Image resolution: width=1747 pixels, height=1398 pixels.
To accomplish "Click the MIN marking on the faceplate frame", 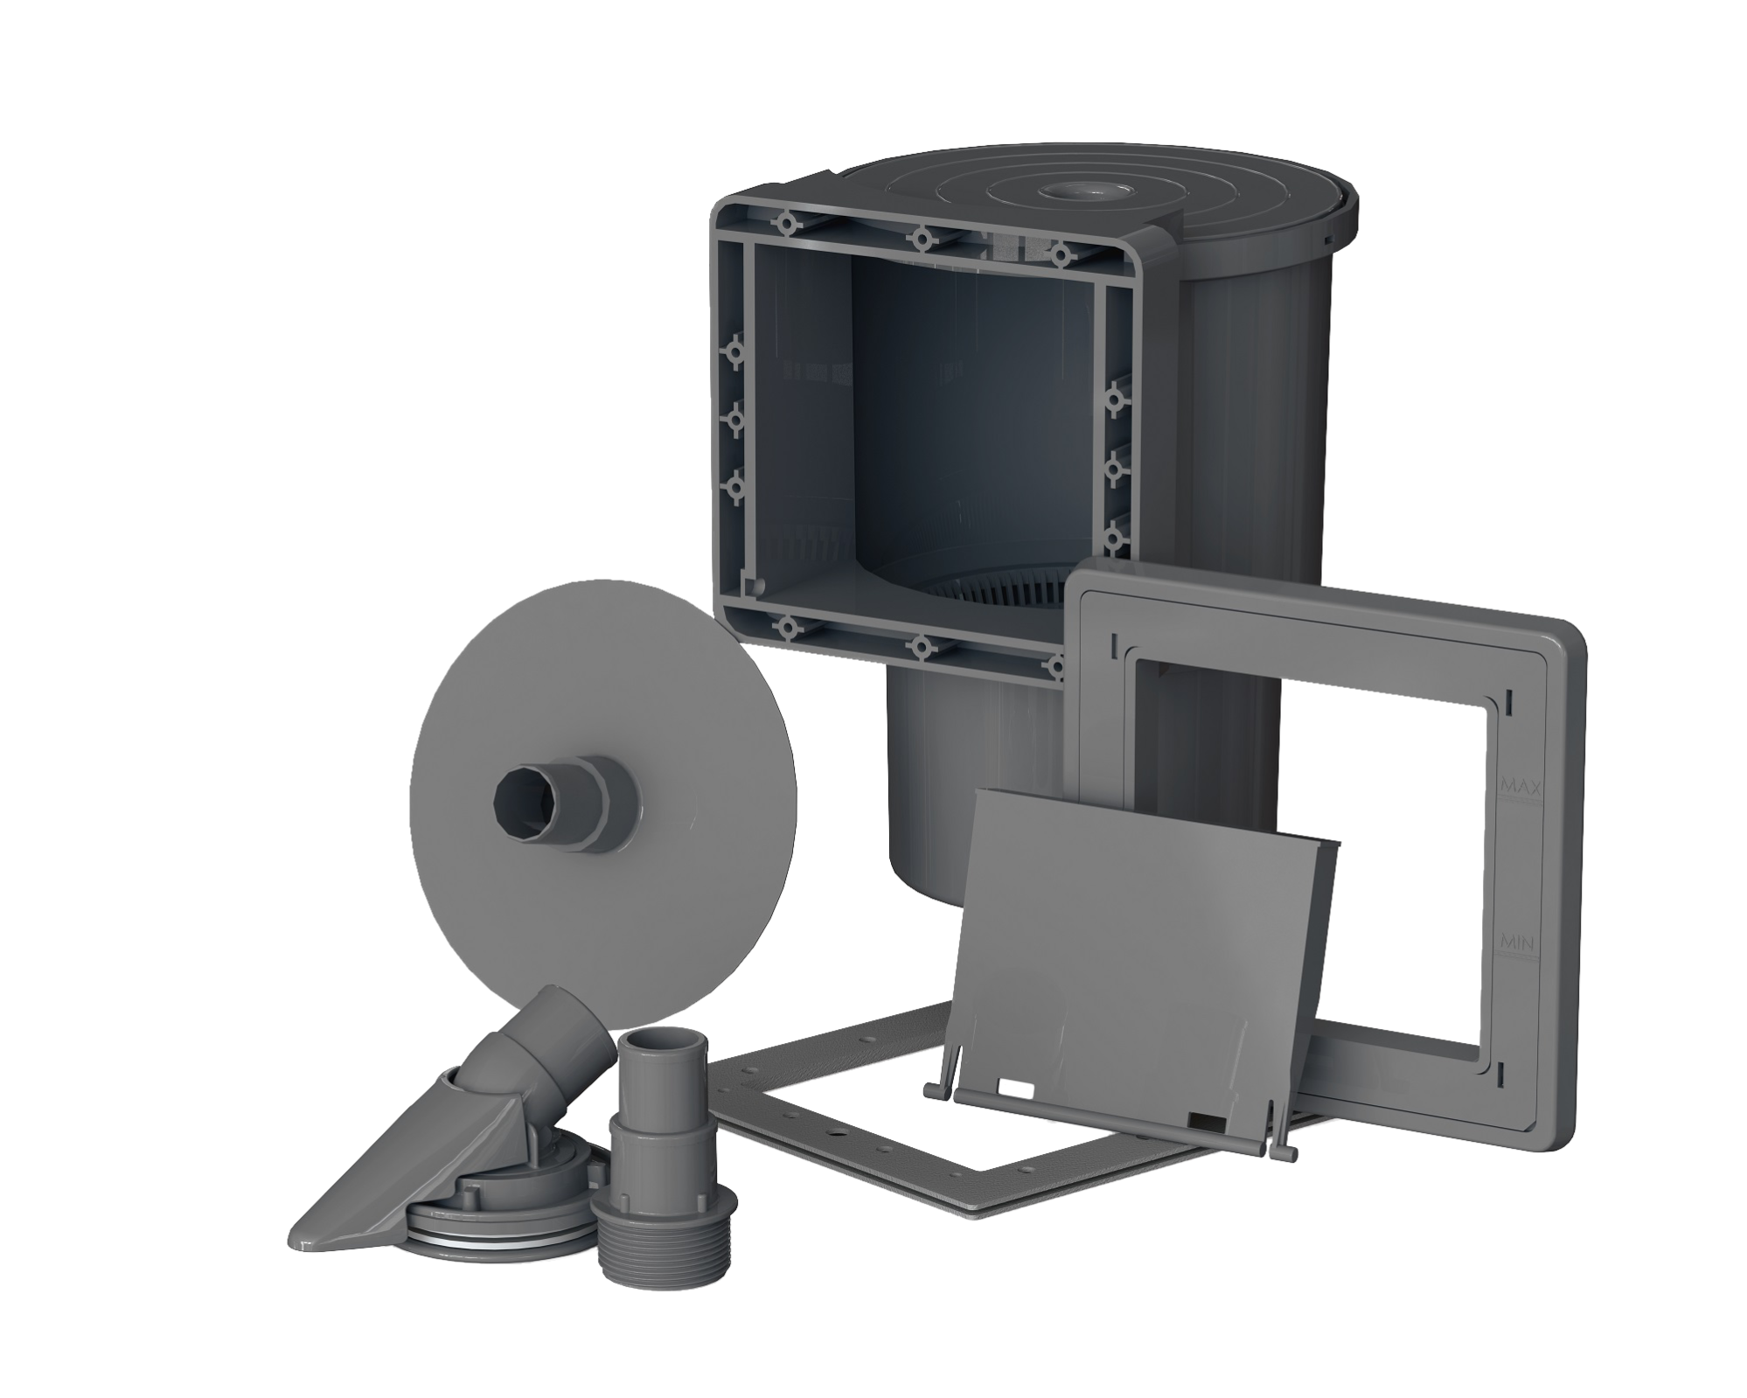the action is point(1514,942).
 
